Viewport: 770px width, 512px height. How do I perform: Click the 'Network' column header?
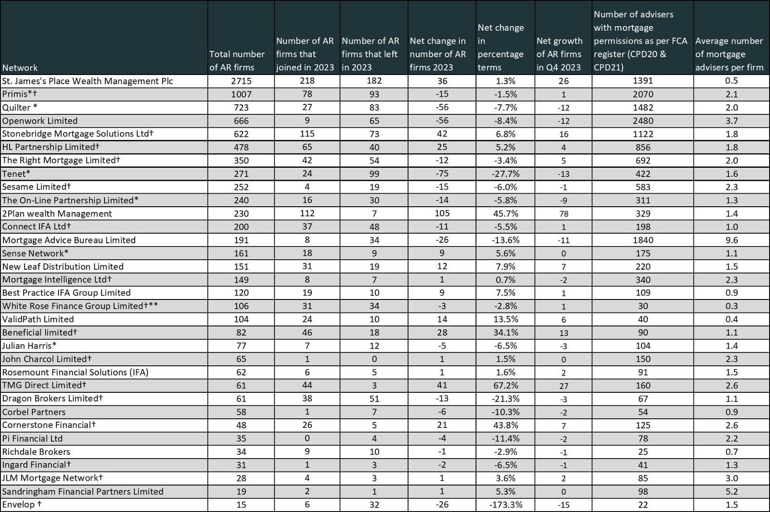point(20,67)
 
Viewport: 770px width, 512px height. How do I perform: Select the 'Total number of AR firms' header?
point(237,61)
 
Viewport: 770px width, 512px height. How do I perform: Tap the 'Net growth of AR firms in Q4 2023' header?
point(559,54)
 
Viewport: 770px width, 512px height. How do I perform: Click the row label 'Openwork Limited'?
point(40,121)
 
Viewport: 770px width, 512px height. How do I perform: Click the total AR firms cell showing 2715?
point(241,81)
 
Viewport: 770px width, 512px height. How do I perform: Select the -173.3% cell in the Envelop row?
point(505,505)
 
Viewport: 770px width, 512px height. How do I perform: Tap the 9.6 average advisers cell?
point(731,240)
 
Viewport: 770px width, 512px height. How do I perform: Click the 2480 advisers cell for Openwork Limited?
point(643,121)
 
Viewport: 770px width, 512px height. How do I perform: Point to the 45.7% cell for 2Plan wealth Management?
point(505,213)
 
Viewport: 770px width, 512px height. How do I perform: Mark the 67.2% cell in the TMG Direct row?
point(505,386)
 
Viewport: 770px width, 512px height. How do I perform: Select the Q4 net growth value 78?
point(564,213)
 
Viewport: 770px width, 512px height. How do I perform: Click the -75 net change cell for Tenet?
point(442,174)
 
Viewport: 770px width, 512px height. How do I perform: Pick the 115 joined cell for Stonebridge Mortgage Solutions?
point(307,134)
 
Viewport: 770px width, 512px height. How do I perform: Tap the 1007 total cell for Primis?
point(241,94)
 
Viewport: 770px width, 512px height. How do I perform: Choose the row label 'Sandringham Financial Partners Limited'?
point(82,491)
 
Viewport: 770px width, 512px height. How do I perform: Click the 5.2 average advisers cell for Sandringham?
point(731,491)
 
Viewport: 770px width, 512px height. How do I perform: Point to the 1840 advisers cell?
point(643,240)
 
